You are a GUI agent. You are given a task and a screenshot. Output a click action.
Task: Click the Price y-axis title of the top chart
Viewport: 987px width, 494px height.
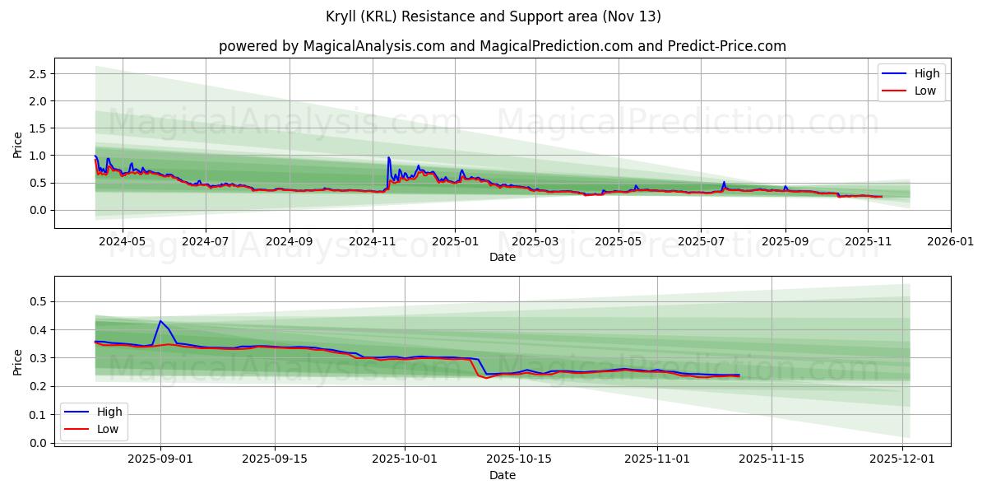point(18,144)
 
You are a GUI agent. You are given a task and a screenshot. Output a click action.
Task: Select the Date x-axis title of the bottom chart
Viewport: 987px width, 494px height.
point(502,476)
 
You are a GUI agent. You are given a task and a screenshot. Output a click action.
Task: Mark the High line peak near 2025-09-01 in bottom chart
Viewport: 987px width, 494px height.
point(160,321)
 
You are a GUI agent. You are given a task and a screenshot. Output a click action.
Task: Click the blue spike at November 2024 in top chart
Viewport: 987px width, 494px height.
point(388,157)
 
